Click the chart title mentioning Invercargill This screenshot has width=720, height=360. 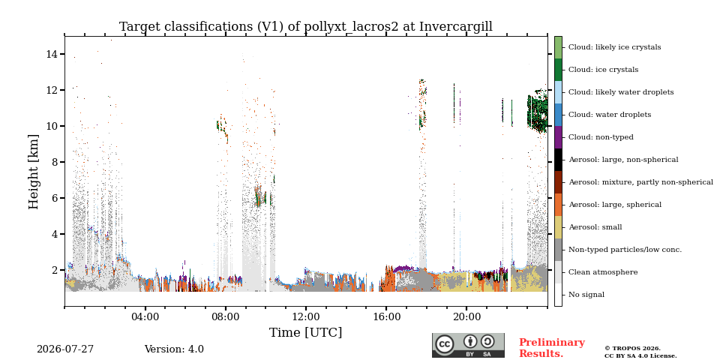point(306,27)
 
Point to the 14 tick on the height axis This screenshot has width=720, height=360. point(52,54)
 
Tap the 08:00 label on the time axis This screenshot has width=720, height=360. point(226,316)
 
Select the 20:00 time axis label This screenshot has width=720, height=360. point(467,316)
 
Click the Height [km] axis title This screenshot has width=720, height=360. point(34,172)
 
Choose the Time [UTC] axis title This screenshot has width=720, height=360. point(306,332)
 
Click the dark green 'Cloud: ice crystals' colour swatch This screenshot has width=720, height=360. point(558,70)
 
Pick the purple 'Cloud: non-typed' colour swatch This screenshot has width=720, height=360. point(558,137)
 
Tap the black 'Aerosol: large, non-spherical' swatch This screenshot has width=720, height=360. point(558,160)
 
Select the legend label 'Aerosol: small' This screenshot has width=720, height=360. point(595,227)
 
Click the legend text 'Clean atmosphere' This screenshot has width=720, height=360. point(603,272)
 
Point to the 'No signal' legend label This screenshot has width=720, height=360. point(586,295)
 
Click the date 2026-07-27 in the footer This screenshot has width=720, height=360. point(65,349)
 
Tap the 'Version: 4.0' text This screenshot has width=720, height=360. point(174,349)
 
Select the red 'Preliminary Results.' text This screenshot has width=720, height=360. point(552,348)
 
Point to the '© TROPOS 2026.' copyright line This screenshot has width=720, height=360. point(632,349)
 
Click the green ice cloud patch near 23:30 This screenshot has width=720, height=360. point(537,113)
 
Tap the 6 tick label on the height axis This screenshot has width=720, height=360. point(55,198)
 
